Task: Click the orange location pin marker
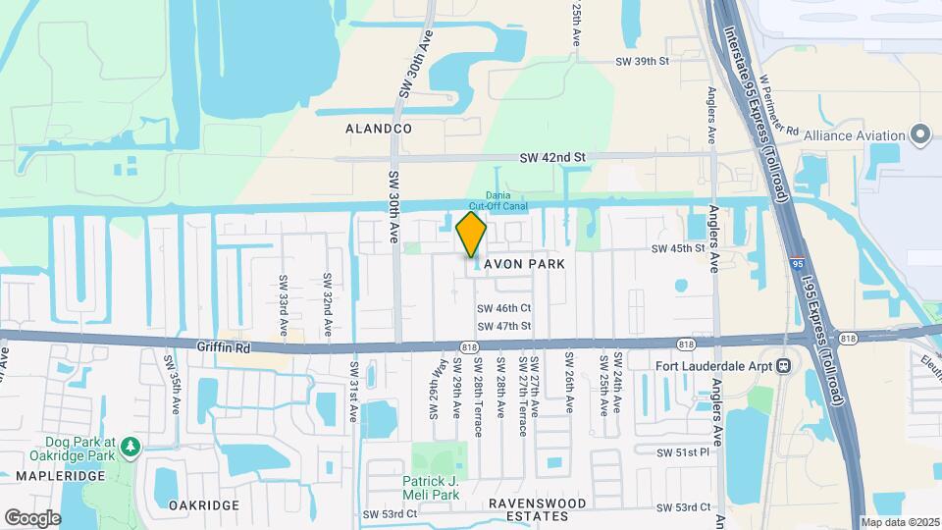click(x=472, y=235)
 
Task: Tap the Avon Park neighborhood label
click(x=524, y=264)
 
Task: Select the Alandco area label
click(x=379, y=129)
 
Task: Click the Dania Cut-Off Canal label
click(x=498, y=200)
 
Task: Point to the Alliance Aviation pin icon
click(x=920, y=134)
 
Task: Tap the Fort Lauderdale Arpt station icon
click(x=784, y=366)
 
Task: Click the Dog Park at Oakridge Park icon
click(x=131, y=449)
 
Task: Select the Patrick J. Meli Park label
click(x=431, y=488)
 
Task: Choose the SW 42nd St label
click(x=552, y=157)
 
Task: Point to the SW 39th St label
click(x=642, y=61)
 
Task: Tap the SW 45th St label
click(x=679, y=248)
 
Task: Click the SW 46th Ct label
click(x=504, y=308)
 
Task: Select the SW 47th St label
click(x=504, y=326)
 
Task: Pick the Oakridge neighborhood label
click(x=204, y=504)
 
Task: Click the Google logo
click(x=32, y=517)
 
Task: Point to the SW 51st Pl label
click(x=683, y=452)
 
